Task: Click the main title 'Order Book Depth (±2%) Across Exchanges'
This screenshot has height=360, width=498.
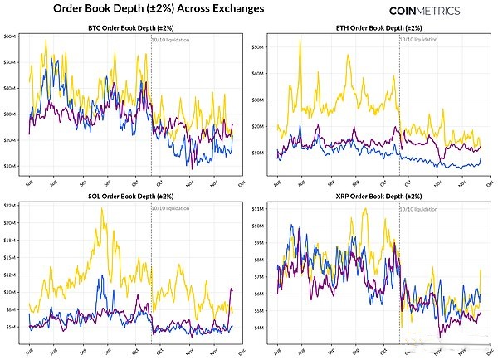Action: [x=159, y=9]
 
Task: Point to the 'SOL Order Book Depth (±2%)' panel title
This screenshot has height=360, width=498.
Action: [x=131, y=197]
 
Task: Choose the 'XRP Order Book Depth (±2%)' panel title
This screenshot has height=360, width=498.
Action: [x=378, y=197]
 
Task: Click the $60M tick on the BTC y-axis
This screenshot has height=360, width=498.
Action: [x=10, y=37]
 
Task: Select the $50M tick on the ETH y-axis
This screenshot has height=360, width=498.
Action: [x=257, y=46]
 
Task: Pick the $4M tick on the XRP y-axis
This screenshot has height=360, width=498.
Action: [x=259, y=328]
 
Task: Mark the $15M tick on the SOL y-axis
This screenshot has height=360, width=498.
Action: [x=10, y=275]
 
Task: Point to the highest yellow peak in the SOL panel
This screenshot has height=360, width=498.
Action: [x=101, y=208]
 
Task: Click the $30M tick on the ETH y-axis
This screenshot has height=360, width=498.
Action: [x=257, y=100]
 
